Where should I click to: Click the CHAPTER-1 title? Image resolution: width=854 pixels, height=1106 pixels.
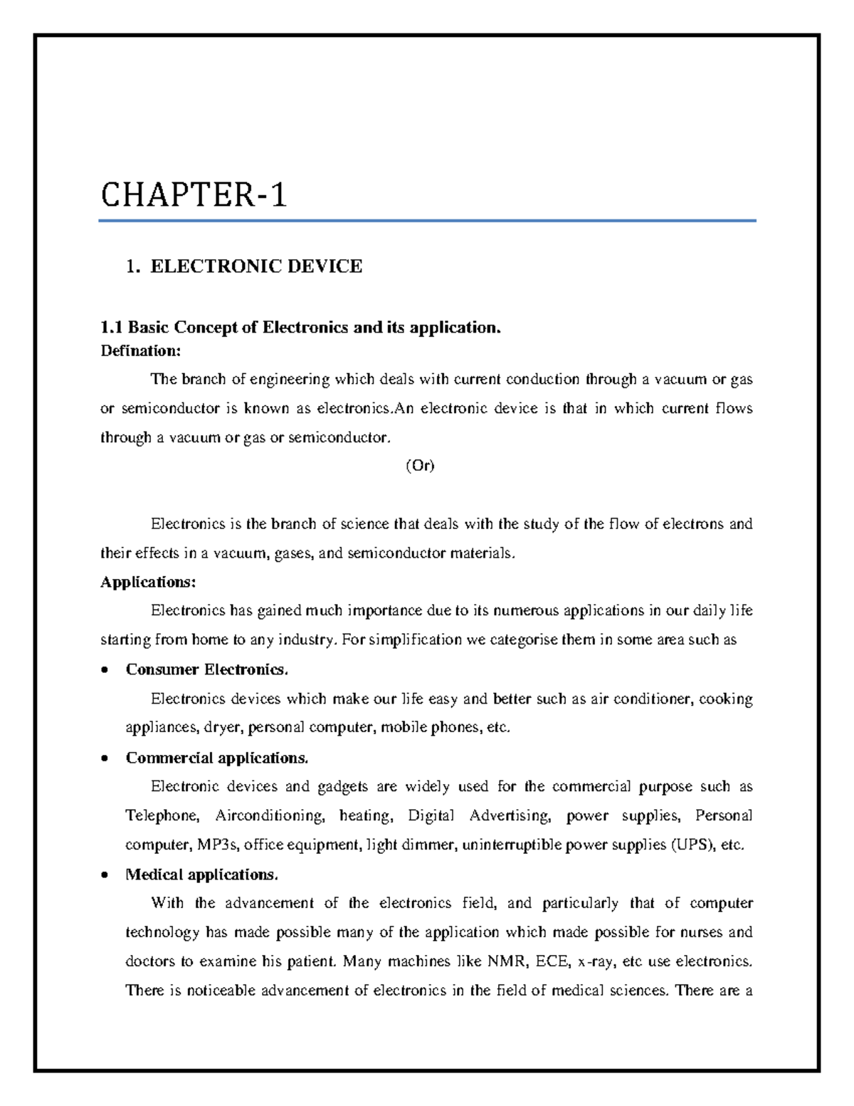pyautogui.click(x=194, y=195)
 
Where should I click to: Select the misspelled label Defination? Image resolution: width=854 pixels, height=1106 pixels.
pyautogui.click(x=141, y=350)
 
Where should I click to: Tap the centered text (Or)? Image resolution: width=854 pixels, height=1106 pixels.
pyautogui.click(x=419, y=466)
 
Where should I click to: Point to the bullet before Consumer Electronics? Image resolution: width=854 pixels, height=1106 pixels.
pyautogui.click(x=105, y=670)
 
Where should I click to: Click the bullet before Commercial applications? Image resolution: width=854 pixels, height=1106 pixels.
pyautogui.click(x=105, y=758)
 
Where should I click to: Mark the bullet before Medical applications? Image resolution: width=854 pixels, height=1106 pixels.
pyautogui.click(x=105, y=875)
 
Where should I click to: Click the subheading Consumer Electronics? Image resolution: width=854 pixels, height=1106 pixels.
pyautogui.click(x=207, y=669)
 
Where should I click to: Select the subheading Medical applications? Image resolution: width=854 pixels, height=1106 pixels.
pyautogui.click(x=201, y=874)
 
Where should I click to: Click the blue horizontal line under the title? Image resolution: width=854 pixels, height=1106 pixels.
pyautogui.click(x=427, y=221)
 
